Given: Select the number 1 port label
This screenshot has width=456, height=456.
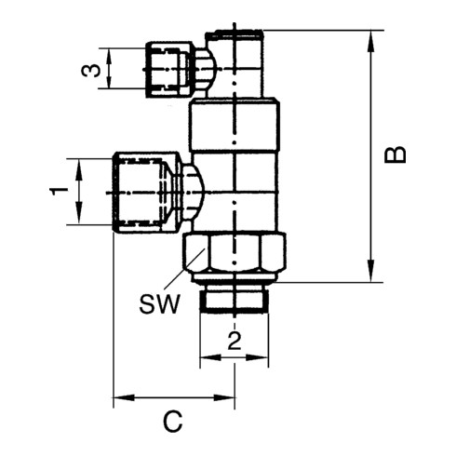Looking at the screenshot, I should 59,192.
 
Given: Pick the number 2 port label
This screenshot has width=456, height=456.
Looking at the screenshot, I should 235,342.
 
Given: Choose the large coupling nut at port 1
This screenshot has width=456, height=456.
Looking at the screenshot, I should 145,192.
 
